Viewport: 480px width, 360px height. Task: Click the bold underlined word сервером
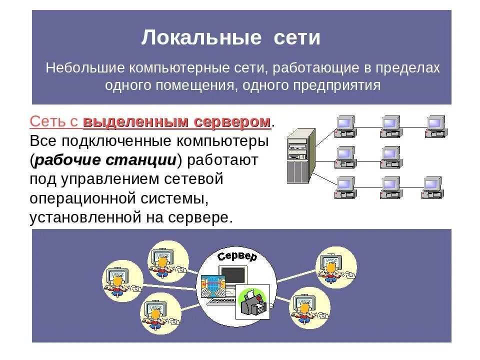[232, 121]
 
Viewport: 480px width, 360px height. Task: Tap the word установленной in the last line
[80, 217]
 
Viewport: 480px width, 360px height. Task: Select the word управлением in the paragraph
[103, 179]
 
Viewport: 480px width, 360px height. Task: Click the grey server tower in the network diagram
[301, 155]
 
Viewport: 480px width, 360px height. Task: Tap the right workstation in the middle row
[390, 156]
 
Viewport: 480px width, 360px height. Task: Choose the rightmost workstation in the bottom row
[433, 187]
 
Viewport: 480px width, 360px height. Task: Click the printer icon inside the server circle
[252, 302]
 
